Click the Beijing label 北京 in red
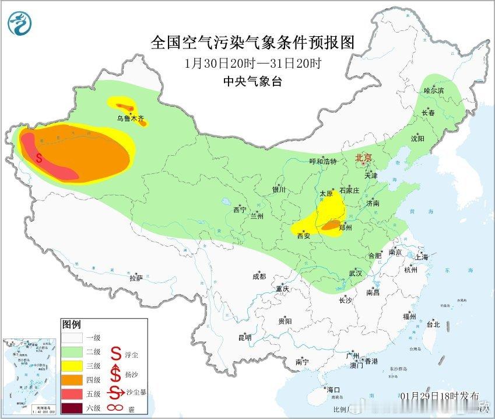[x=363, y=158]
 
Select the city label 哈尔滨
[x=434, y=91]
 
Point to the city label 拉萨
[x=136, y=278]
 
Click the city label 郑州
[x=345, y=228]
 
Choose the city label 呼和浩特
[x=323, y=162]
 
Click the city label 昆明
[x=244, y=337]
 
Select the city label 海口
[x=333, y=390]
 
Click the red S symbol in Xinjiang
[x=39, y=158]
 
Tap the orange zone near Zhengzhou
[x=331, y=225]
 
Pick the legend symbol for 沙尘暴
[x=116, y=393]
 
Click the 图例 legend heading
[x=71, y=324]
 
